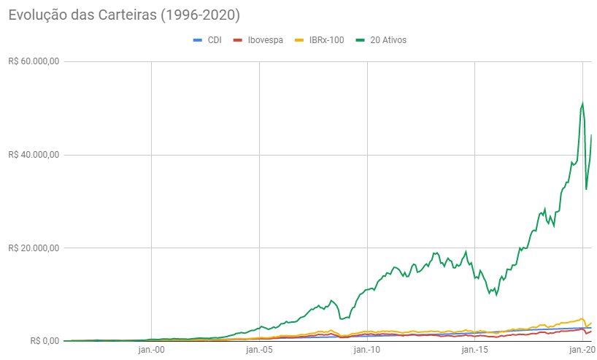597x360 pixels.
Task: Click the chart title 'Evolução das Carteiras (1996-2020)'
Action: click(x=124, y=14)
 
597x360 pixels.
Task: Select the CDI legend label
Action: click(x=215, y=40)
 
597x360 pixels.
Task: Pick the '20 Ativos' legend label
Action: click(x=388, y=40)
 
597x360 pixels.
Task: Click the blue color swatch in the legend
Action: click(x=196, y=40)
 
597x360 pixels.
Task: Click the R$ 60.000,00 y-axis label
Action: click(x=33, y=61)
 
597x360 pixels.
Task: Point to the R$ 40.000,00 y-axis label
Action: click(x=33, y=155)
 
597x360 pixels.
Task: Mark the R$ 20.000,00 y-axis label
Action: click(x=33, y=248)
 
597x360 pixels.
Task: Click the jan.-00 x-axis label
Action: click(x=152, y=351)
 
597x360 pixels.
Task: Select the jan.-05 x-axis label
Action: click(x=259, y=351)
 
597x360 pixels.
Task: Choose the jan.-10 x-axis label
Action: click(x=367, y=351)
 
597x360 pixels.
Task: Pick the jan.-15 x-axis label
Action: click(x=474, y=351)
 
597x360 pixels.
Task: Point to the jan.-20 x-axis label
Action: click(x=581, y=351)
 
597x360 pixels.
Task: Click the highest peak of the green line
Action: click(x=582, y=103)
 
